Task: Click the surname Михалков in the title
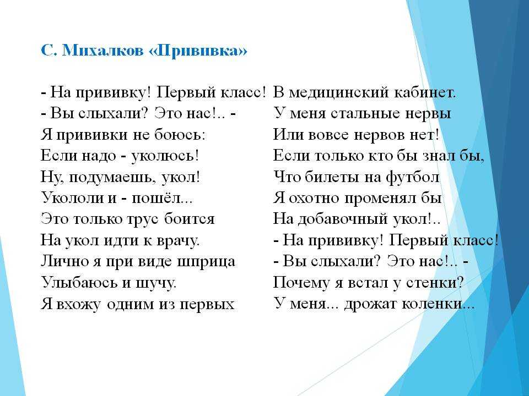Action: click(102, 51)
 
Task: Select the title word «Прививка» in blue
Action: click(198, 51)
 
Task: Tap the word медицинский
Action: click(339, 92)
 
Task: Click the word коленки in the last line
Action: click(433, 304)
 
